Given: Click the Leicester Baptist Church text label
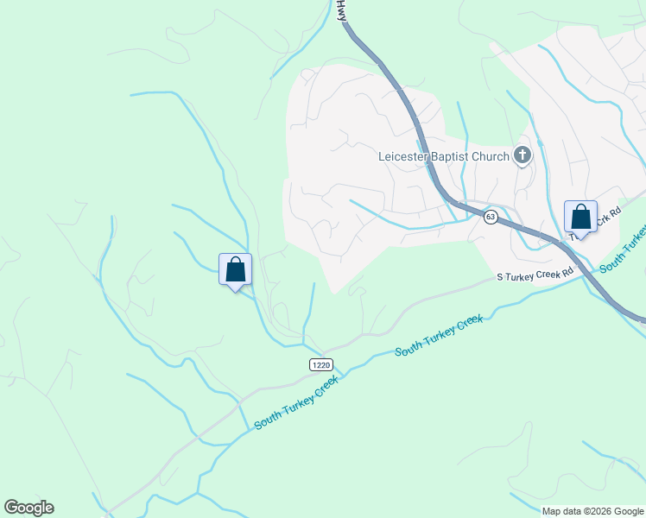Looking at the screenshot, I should click(445, 156).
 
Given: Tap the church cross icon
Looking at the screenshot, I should click(522, 155).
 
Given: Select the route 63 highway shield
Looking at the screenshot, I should click(491, 217).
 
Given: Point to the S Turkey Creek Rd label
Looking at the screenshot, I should click(535, 275).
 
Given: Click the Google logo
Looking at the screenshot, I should click(28, 508).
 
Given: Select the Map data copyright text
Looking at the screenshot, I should click(592, 511).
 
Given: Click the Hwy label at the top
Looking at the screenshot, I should click(342, 11).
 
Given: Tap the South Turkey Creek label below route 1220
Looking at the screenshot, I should click(295, 402).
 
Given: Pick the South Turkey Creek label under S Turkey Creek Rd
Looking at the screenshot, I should click(438, 336).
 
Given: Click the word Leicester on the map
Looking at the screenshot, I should click(403, 156).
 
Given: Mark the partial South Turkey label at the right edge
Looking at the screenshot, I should click(623, 250).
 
